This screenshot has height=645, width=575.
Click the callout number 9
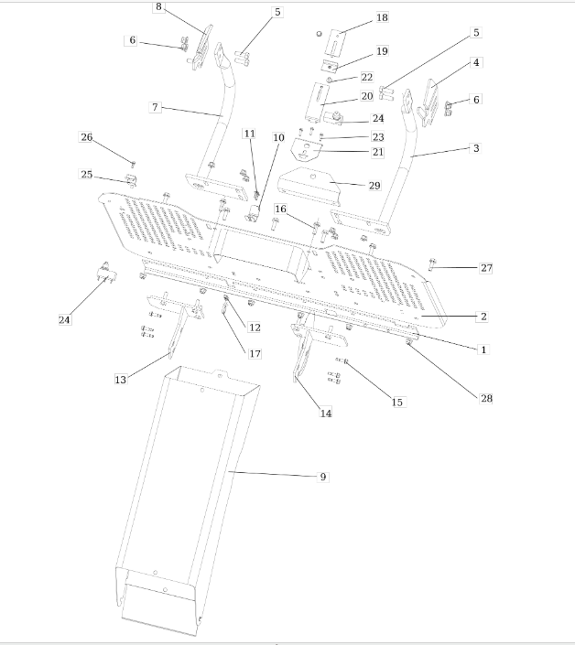point(323,477)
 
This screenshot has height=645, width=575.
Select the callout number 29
point(374,186)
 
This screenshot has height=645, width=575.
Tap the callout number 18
point(382,17)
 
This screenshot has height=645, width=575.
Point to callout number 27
point(486,268)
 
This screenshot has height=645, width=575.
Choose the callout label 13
point(120,380)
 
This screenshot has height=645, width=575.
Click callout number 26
point(86,137)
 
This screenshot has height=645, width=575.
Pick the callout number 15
point(397,403)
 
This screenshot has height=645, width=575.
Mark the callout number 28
point(486,398)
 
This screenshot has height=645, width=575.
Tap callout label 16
point(280,209)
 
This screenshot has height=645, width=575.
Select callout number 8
point(158,7)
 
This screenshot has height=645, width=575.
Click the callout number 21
point(378,152)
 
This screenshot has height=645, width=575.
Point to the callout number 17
point(255,354)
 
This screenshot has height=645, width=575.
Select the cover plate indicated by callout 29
point(309,185)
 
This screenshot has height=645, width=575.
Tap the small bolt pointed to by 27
point(432,264)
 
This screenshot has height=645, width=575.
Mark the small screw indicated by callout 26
point(133,165)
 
